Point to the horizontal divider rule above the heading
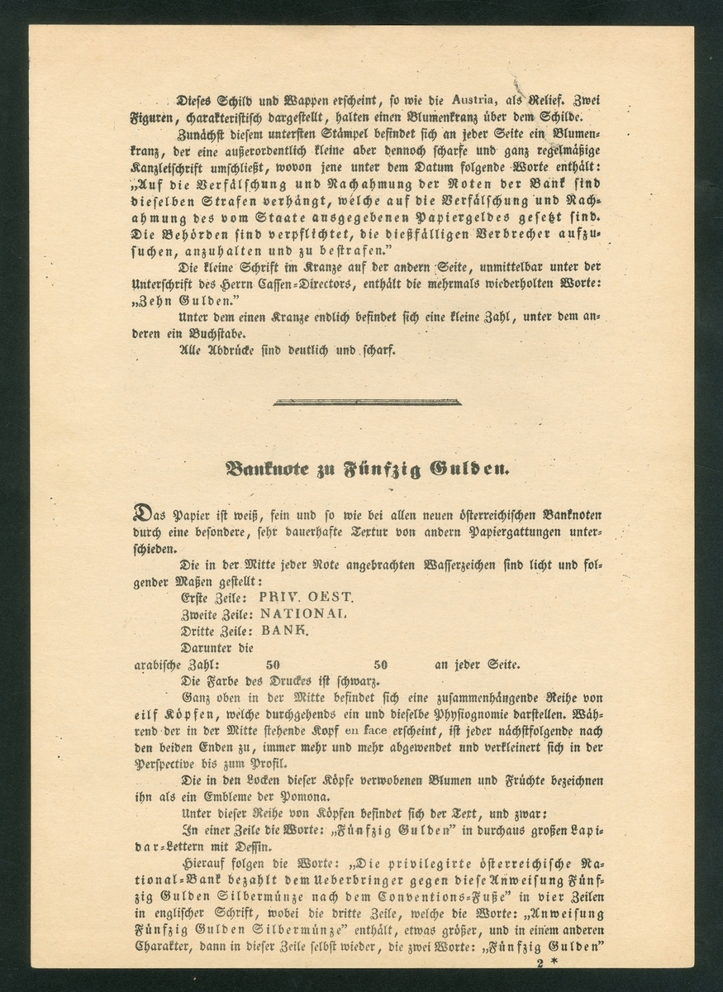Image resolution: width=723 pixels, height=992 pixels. (366, 403)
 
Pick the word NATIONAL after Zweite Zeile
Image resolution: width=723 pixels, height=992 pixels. (304, 614)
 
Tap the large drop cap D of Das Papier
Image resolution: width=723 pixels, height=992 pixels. (143, 513)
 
